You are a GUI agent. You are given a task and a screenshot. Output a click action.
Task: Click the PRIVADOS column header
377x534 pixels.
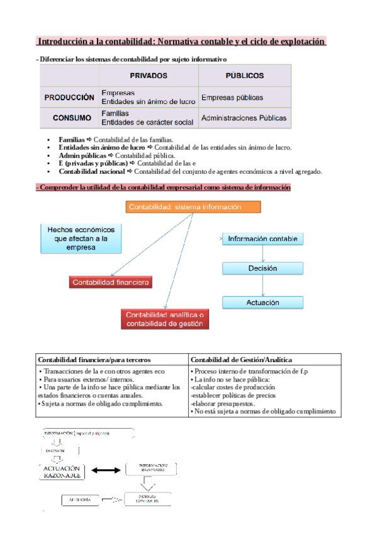[149, 76]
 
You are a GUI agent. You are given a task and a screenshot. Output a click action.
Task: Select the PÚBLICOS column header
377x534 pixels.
[244, 76]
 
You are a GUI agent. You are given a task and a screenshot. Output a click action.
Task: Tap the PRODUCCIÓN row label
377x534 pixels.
[69, 98]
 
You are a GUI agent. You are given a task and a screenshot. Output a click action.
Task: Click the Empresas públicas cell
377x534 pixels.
[232, 98]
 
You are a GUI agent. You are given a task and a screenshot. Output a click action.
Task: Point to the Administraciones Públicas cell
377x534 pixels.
[244, 118]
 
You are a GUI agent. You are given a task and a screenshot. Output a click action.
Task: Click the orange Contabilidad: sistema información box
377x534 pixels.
[193, 207]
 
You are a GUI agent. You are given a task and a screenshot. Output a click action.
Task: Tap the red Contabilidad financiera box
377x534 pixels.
[111, 283]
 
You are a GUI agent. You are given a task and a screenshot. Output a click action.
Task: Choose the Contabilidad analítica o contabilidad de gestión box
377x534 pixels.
[165, 319]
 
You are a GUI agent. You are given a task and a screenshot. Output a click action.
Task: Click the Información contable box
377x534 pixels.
[264, 239]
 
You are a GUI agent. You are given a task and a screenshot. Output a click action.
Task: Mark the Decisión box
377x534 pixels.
[263, 268]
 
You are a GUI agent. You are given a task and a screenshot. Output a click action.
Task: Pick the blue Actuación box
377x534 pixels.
[263, 303]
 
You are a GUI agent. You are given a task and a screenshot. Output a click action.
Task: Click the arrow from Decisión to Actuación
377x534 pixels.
[263, 285]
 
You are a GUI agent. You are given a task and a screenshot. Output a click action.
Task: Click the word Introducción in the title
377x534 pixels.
[64, 42]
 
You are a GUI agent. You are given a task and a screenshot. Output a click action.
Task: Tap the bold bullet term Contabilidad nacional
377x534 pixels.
[91, 171]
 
